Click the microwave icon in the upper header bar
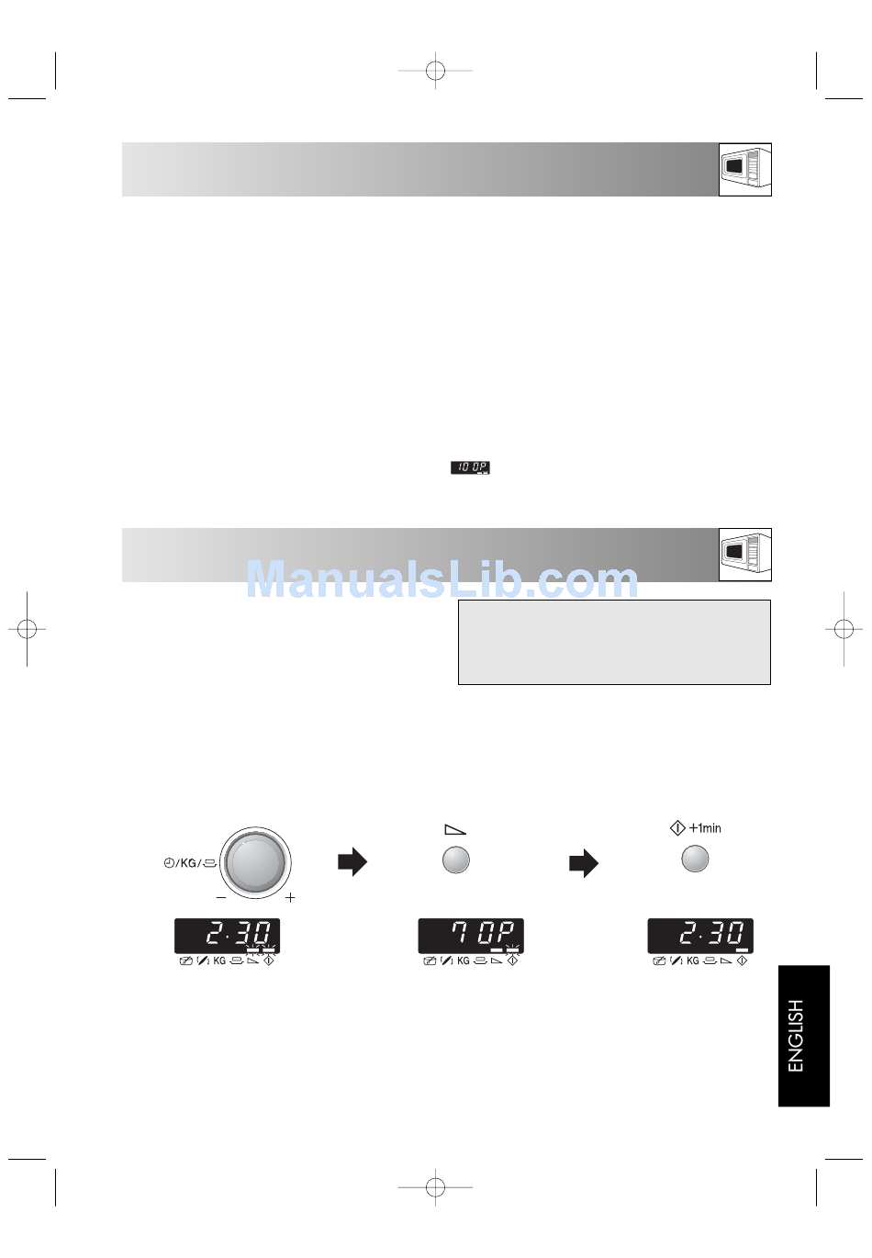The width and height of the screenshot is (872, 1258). [745, 169]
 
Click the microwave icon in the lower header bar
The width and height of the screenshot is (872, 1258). [745, 555]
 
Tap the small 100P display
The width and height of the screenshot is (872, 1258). [470, 467]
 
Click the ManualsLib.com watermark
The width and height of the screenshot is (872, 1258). [442, 579]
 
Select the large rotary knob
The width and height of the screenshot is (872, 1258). [255, 862]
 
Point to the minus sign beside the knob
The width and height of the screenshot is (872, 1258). [220, 897]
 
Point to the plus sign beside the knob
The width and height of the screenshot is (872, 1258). [290, 897]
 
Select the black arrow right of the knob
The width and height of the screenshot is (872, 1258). [352, 861]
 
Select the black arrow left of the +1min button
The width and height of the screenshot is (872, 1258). [584, 862]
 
